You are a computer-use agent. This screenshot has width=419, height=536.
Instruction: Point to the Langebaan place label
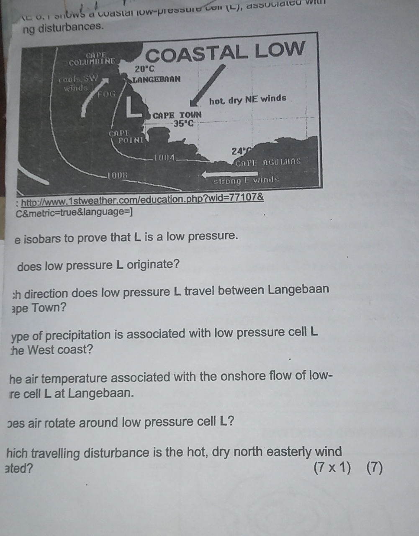(157, 79)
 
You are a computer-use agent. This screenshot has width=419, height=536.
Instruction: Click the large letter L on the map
(134, 107)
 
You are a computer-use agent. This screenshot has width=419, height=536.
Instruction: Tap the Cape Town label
(177, 115)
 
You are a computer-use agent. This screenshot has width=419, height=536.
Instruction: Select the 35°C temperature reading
(184, 124)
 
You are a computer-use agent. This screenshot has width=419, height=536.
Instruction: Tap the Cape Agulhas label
(268, 162)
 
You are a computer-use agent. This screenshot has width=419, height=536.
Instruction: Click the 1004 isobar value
(163, 157)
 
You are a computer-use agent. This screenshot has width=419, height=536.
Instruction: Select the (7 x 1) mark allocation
(332, 467)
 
